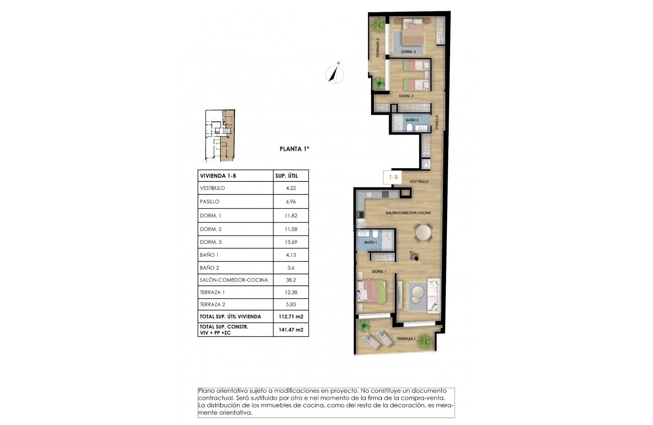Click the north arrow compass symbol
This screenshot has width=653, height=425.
point(335,73)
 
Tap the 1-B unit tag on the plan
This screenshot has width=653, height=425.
point(393,177)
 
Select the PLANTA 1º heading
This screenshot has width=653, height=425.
point(294,148)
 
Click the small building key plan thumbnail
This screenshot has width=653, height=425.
point(220,136)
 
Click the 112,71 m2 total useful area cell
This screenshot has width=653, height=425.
point(290,317)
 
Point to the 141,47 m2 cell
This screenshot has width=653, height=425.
point(290,330)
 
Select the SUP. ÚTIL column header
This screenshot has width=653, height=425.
point(285,176)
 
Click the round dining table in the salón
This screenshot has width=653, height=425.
point(423,232)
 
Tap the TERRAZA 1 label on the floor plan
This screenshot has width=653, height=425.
point(406,339)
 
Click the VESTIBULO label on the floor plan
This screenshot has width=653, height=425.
point(419,182)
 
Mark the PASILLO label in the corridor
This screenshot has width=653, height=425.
point(437,122)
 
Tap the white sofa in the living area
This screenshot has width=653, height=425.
point(434,294)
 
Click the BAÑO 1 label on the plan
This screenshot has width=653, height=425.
point(371,242)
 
